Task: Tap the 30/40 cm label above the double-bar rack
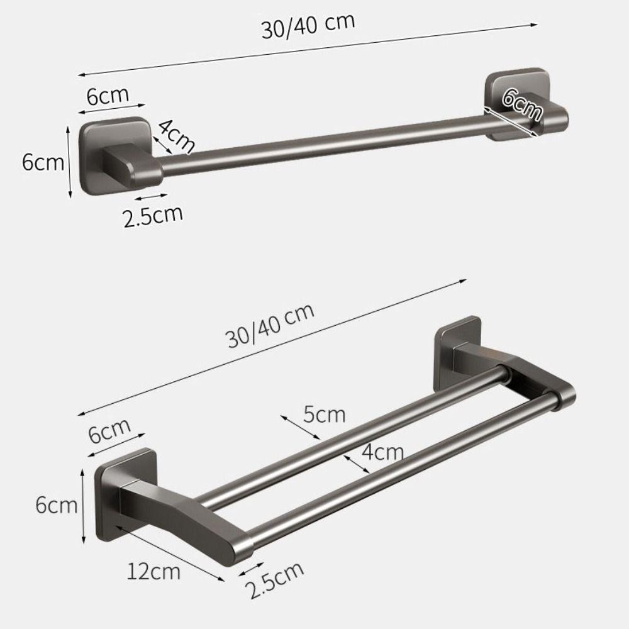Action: pyautogui.click(x=270, y=326)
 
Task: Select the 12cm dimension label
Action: pyautogui.click(x=153, y=572)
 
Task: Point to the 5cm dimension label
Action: pyautogui.click(x=325, y=415)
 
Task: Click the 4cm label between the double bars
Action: pyautogui.click(x=382, y=452)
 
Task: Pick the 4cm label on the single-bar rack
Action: pyautogui.click(x=176, y=135)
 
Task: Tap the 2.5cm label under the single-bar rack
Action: pyautogui.click(x=153, y=216)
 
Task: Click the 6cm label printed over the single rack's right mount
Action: pyautogui.click(x=523, y=105)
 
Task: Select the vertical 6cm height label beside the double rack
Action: pyautogui.click(x=57, y=505)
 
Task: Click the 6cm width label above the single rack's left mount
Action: pyautogui.click(x=108, y=97)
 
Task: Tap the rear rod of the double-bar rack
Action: pyautogui.click(x=352, y=434)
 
